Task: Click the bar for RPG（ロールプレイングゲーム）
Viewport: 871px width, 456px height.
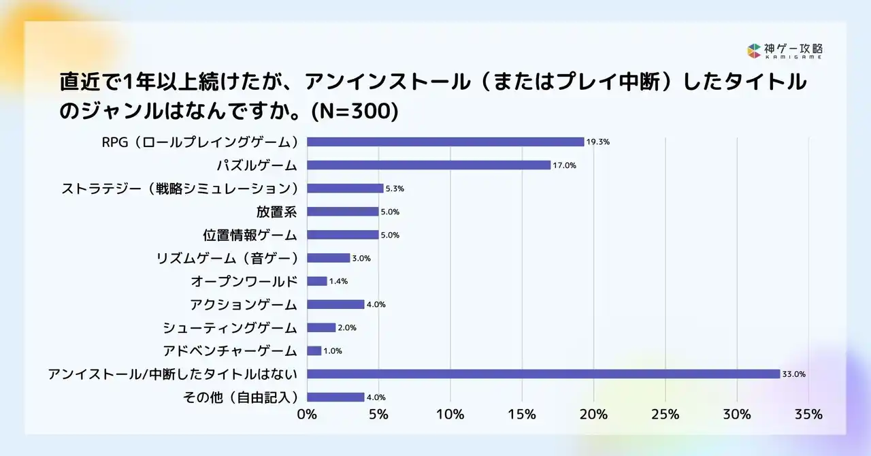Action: pos(446,142)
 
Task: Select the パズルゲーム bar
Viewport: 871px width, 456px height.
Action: pos(429,165)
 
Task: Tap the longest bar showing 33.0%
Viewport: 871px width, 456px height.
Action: pos(543,374)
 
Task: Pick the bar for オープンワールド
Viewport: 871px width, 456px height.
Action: pos(317,281)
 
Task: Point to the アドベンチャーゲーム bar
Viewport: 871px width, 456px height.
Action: pos(314,351)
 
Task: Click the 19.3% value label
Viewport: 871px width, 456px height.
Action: pos(598,142)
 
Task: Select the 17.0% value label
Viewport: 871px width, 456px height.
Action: pos(564,165)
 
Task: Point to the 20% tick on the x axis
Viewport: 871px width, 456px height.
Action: pos(593,414)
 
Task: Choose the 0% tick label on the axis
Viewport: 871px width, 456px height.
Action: pos(307,414)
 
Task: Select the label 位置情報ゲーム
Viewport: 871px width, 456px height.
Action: pos(250,235)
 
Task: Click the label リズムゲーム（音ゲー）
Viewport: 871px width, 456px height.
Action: pos(227,258)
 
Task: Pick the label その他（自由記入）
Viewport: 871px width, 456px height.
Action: pos(241,397)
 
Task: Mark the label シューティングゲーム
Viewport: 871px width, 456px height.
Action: pos(230,327)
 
